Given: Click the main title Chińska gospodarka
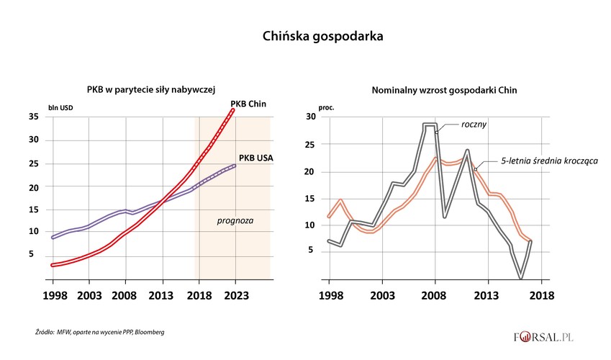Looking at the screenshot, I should point(305,34).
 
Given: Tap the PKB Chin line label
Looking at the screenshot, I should point(248,104).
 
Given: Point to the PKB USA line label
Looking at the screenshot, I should point(255,157).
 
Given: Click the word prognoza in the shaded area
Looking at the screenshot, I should point(234,220).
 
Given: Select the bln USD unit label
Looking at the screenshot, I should point(60,108).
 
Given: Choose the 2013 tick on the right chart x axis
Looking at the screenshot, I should point(488,296).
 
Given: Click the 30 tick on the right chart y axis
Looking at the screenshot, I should point(310,117).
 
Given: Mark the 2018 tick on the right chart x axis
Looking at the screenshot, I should point(541,296).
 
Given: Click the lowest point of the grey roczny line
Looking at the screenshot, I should point(520,276).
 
